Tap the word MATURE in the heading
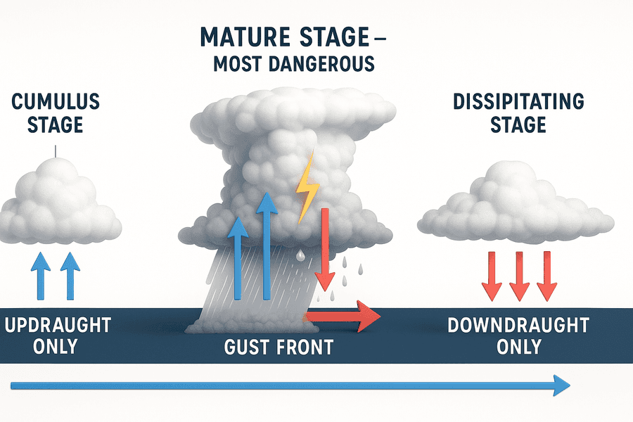pyautogui.click(x=245, y=37)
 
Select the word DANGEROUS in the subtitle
pyautogui.click(x=322, y=64)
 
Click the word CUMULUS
pyautogui.click(x=56, y=101)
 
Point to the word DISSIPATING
pyautogui.click(x=519, y=101)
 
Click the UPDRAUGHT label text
pyautogui.click(x=58, y=325)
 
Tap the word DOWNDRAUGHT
pyautogui.click(x=518, y=325)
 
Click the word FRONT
pyautogui.click(x=306, y=347)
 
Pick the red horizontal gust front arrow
pyautogui.click(x=343, y=316)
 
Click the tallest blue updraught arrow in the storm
pyautogui.click(x=266, y=246)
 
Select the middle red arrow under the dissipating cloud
pyautogui.click(x=519, y=276)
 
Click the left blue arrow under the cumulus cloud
pyautogui.click(x=41, y=276)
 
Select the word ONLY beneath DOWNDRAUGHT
pyautogui.click(x=519, y=347)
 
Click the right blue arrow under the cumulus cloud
pyautogui.click(x=70, y=276)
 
